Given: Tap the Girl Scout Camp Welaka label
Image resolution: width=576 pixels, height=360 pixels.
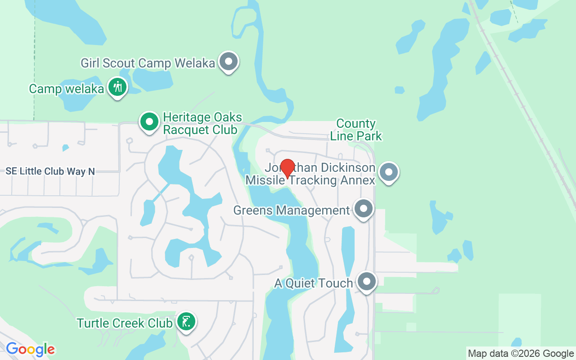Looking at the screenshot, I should [x=148, y=63].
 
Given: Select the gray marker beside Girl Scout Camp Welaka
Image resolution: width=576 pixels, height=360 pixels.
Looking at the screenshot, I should [x=229, y=62].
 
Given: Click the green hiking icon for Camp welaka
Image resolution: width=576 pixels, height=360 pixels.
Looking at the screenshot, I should [x=117, y=86].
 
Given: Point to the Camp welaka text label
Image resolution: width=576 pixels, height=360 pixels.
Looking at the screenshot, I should [x=66, y=89].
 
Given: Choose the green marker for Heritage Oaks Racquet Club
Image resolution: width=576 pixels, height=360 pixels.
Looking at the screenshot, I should [x=149, y=121].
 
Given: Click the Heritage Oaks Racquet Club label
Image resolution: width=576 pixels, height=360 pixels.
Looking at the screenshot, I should [x=200, y=124].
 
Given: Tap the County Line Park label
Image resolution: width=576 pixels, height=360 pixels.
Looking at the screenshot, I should [x=356, y=130].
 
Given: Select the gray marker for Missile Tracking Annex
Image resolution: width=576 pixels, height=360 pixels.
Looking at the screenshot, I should [x=389, y=172].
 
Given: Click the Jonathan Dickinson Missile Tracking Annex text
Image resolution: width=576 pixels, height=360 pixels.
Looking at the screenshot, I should [x=310, y=174].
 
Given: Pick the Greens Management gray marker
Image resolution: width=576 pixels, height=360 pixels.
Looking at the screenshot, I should [x=364, y=209].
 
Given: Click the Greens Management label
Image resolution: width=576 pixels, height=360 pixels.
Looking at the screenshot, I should [x=291, y=210].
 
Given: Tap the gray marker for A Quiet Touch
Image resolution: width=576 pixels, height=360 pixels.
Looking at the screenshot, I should [x=367, y=282].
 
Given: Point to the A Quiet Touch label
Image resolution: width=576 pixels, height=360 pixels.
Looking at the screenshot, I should [x=314, y=283].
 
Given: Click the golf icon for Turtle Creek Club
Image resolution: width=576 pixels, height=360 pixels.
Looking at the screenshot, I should [x=186, y=322].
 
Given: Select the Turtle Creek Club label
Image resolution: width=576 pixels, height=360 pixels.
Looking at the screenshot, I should [x=125, y=323].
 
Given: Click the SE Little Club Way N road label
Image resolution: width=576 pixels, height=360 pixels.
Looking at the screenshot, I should [x=50, y=171].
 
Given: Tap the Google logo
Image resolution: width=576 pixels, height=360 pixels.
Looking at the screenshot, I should [x=30, y=349].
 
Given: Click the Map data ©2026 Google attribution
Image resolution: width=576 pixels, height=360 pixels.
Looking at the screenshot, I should [x=521, y=354].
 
